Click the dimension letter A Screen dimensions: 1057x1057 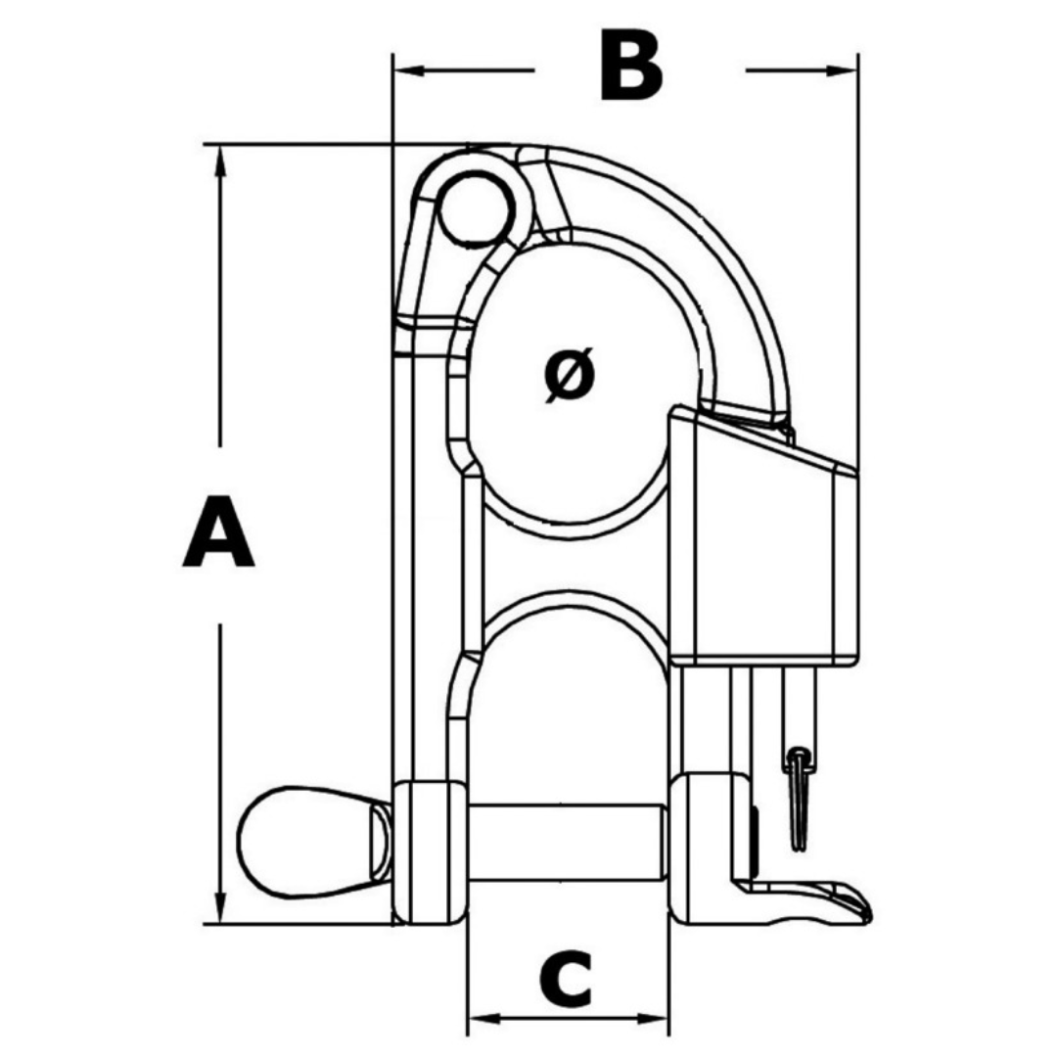point(218,530)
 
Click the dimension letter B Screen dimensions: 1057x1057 point(631,66)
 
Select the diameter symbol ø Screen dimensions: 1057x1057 point(570,375)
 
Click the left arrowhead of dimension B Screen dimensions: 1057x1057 point(408,69)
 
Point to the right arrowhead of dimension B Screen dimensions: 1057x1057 point(842,69)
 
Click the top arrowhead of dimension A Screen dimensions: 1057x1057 point(220,161)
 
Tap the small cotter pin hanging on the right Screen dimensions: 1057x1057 point(800,799)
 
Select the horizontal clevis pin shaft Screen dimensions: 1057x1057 point(568,842)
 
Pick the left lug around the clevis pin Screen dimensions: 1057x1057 point(430,852)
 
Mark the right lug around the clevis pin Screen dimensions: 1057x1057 point(713,850)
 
